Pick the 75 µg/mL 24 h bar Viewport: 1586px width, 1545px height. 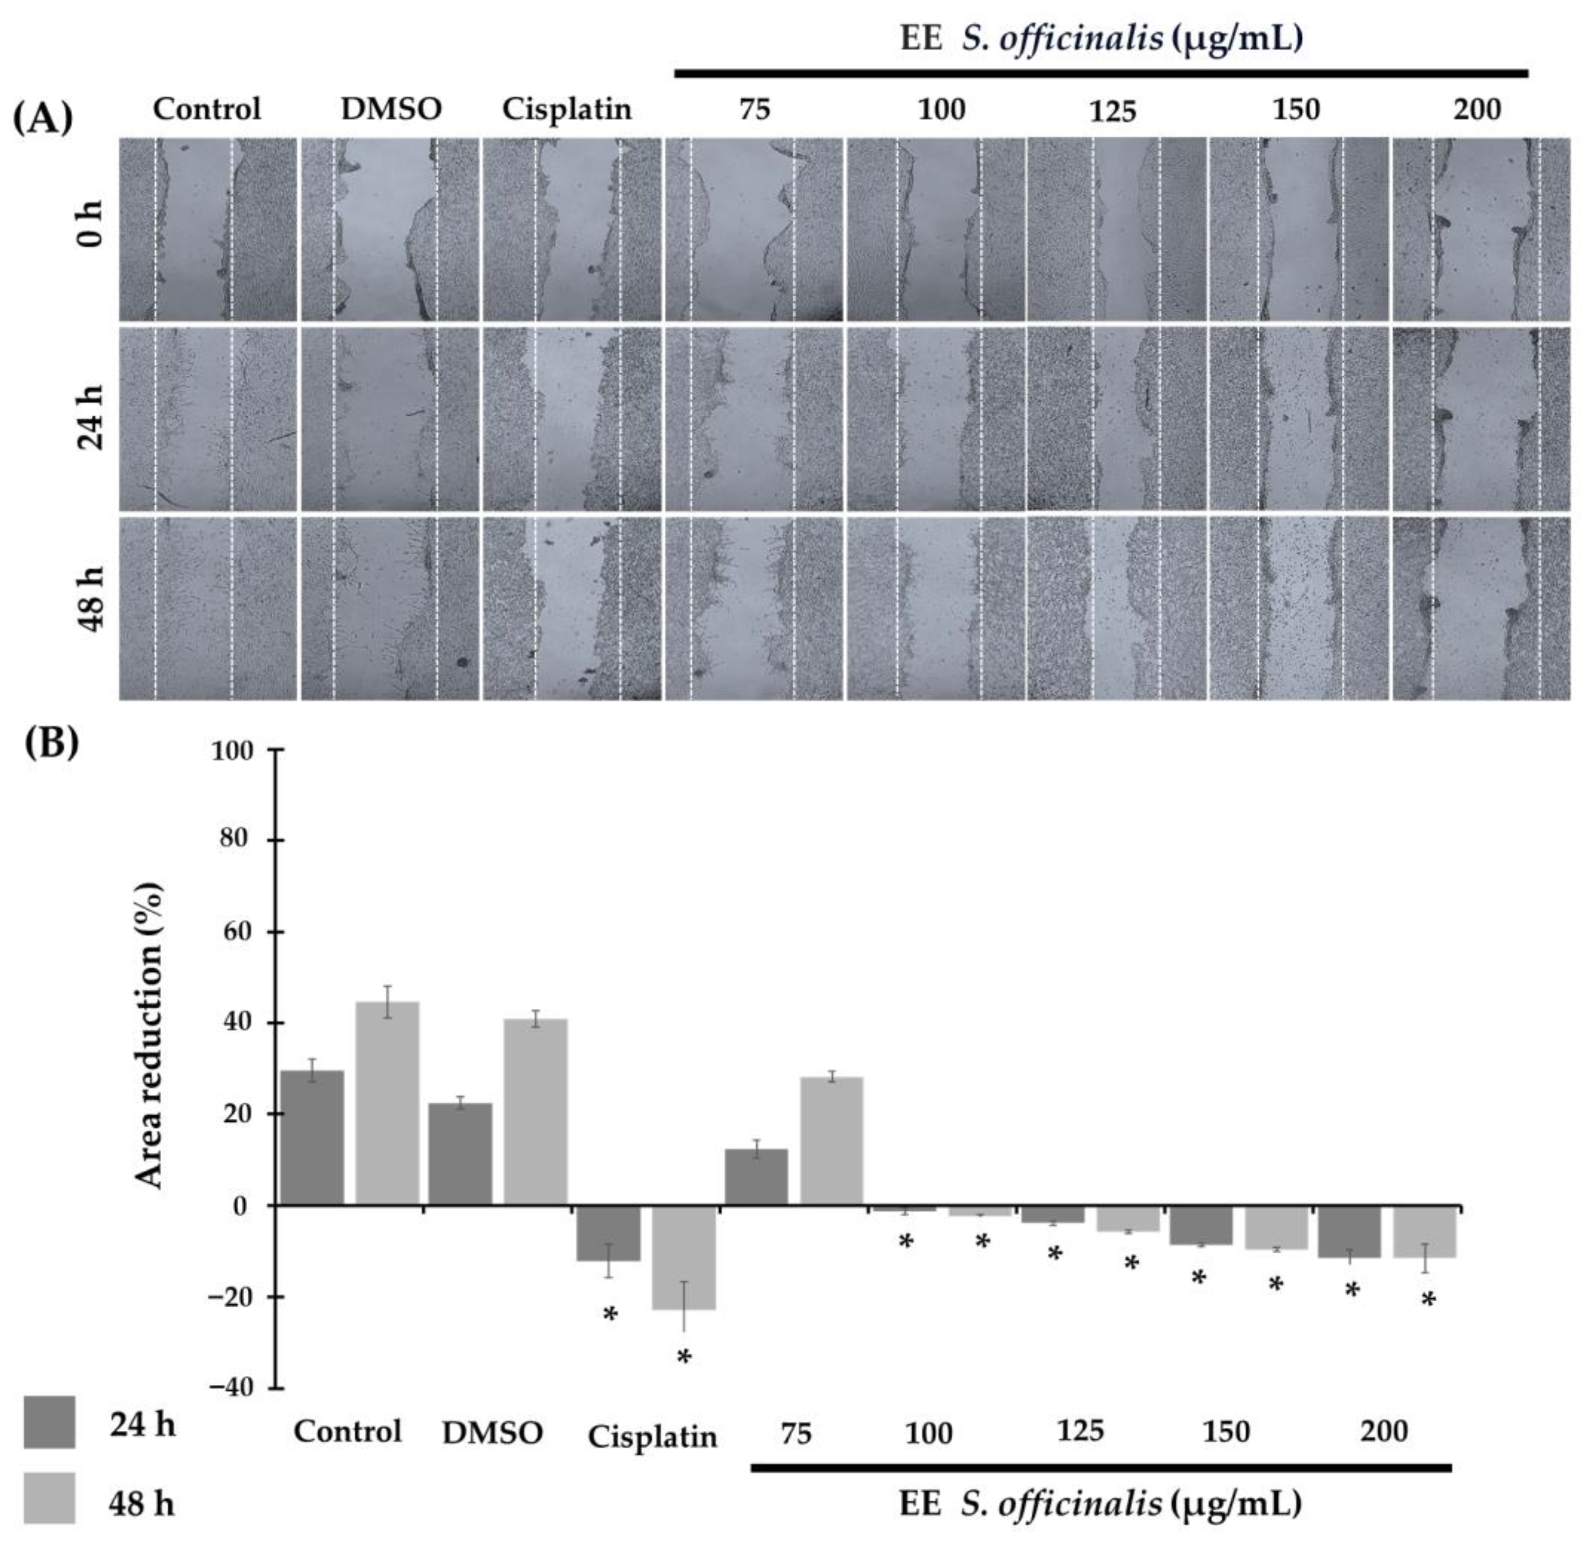click(x=755, y=1177)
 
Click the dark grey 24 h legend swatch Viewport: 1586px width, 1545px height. click(x=49, y=1422)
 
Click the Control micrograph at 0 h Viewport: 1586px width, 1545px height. click(x=208, y=229)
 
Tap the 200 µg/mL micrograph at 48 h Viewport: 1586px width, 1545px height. click(x=1481, y=608)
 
